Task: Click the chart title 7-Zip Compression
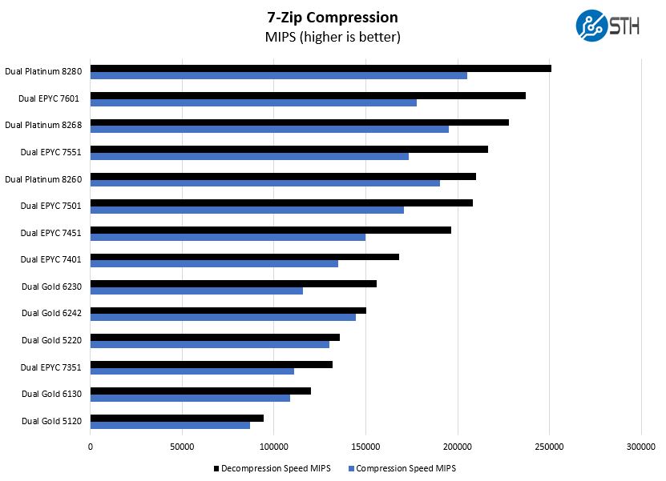pos(333,17)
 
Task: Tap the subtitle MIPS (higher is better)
pos(333,37)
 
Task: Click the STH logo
pos(607,25)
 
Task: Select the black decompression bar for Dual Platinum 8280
pos(321,68)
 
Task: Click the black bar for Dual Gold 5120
pos(177,418)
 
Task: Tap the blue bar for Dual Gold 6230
pos(196,291)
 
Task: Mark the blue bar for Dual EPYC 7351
pos(192,371)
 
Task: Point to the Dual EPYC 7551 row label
pos(51,152)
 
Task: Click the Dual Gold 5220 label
pos(51,340)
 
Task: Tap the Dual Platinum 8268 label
pos(43,125)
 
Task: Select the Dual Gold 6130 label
pos(51,394)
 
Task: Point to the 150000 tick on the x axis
pos(365,446)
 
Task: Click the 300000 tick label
pos(640,446)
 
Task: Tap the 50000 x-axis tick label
pos(182,446)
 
